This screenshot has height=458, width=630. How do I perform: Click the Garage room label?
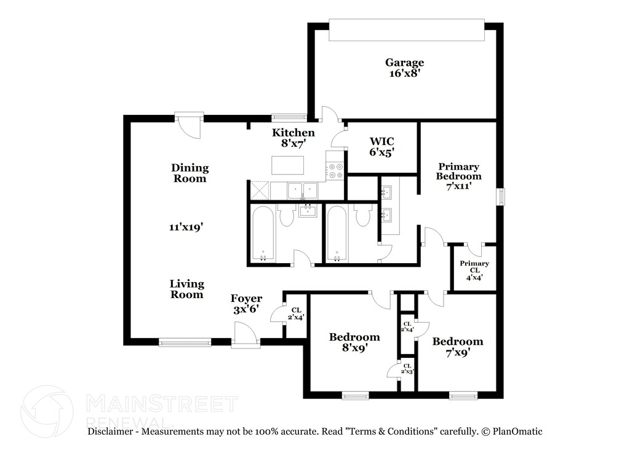pyautogui.click(x=405, y=63)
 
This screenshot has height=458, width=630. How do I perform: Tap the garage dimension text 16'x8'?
pyautogui.click(x=405, y=73)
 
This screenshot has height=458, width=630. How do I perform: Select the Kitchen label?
pyautogui.click(x=293, y=132)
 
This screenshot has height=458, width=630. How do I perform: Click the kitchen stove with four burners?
pyautogui.click(x=335, y=170)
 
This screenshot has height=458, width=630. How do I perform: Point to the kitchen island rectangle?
pyautogui.click(x=288, y=165)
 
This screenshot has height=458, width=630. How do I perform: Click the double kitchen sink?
pyautogui.click(x=303, y=190)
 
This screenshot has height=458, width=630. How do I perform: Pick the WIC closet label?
pyautogui.click(x=381, y=141)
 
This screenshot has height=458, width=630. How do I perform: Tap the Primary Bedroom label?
pyautogui.click(x=458, y=172)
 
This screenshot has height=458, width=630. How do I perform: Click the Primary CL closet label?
pyautogui.click(x=474, y=267)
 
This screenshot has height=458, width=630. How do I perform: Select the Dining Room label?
pyautogui.click(x=190, y=173)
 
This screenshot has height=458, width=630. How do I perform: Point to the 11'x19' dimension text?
pyautogui.click(x=186, y=227)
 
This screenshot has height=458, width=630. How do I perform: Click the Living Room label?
pyautogui.click(x=187, y=289)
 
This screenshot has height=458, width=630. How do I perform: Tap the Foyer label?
pyautogui.click(x=246, y=299)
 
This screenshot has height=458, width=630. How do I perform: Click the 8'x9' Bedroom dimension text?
pyautogui.click(x=355, y=347)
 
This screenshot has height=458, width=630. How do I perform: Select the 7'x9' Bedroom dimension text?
pyautogui.click(x=458, y=352)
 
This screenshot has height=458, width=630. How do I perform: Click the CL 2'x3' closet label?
pyautogui.click(x=407, y=368)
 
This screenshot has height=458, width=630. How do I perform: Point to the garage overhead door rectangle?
pyautogui.click(x=407, y=30)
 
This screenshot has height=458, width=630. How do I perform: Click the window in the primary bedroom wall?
pyautogui.click(x=501, y=197)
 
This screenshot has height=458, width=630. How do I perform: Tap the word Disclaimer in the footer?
pyautogui.click(x=110, y=432)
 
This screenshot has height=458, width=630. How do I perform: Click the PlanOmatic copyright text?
pyautogui.click(x=512, y=432)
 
